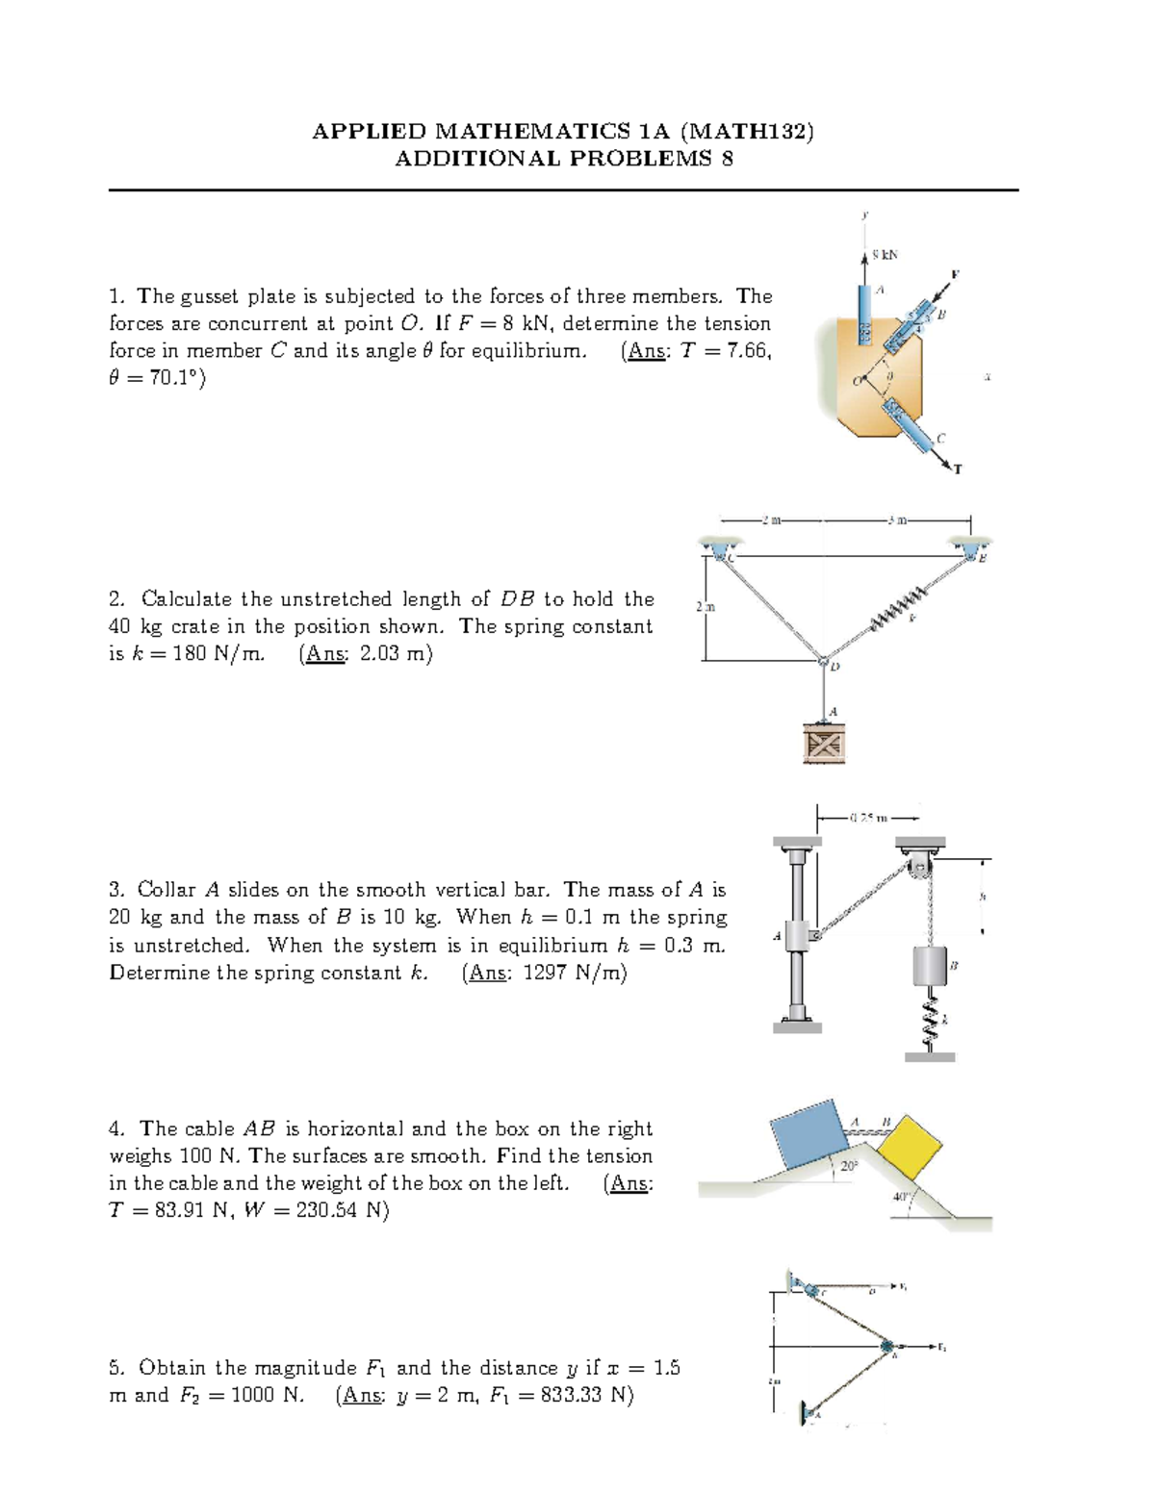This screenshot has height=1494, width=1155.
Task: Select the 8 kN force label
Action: tap(884, 255)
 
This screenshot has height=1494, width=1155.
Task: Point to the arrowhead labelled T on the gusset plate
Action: tap(953, 466)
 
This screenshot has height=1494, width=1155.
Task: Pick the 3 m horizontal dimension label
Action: tap(896, 521)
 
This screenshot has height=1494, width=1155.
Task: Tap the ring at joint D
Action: tap(823, 661)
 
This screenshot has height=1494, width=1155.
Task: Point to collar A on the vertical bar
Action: tap(799, 935)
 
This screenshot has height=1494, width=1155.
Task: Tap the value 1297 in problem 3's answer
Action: tap(546, 973)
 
